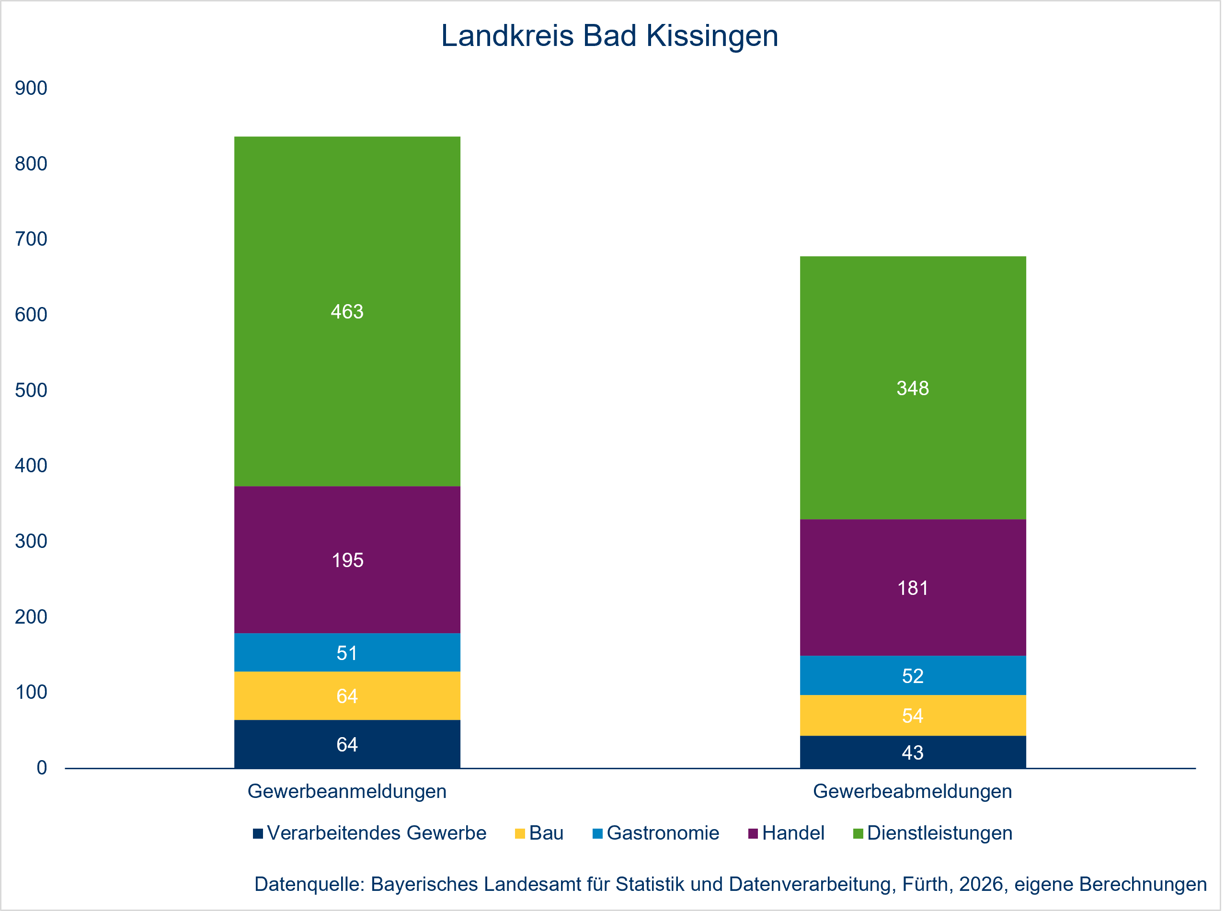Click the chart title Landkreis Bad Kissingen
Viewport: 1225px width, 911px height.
point(609,36)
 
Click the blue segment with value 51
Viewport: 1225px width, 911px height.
point(347,652)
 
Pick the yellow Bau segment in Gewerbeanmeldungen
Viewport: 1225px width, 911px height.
point(347,695)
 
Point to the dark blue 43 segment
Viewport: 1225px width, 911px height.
point(912,752)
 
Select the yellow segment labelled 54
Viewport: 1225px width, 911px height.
point(912,715)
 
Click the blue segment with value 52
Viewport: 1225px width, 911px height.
point(912,675)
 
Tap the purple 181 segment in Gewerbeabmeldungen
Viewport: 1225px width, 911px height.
point(912,588)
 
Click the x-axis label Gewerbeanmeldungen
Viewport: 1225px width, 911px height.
point(347,791)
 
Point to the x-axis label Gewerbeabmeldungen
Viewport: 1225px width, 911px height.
point(912,791)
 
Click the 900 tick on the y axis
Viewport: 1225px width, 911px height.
point(31,88)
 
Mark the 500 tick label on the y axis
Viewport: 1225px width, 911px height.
point(31,390)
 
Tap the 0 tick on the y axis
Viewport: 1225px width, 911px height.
point(41,768)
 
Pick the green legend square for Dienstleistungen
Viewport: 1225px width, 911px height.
point(858,833)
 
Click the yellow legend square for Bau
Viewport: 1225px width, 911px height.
point(520,833)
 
